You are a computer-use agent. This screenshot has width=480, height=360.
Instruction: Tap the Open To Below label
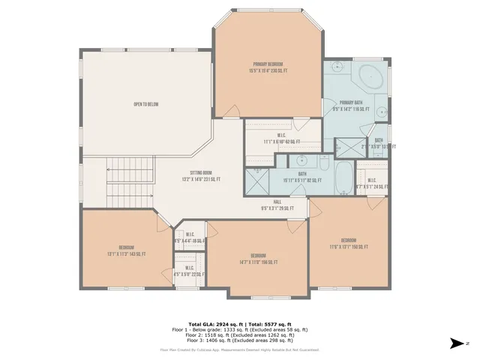click(145, 104)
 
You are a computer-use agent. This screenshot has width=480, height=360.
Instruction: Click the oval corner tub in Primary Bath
click(370, 78)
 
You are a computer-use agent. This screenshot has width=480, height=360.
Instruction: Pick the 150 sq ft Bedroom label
click(349, 243)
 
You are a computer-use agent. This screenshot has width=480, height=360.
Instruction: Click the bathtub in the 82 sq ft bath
click(344, 179)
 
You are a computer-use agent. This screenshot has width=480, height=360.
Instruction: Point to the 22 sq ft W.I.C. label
click(188, 274)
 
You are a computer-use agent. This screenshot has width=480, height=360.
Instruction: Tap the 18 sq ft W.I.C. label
click(190, 237)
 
